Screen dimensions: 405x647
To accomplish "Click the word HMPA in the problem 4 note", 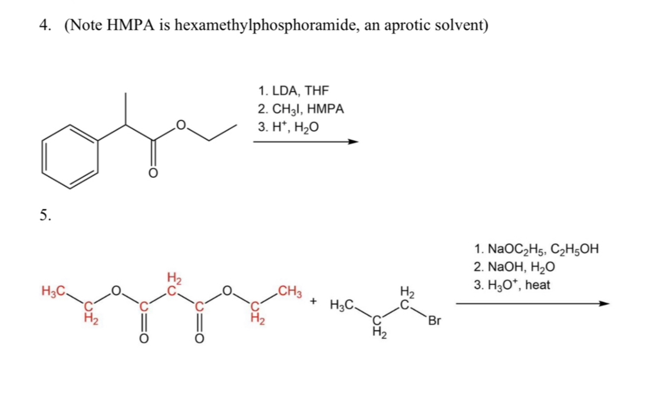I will tap(130, 26).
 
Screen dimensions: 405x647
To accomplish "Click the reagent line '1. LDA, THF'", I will tap(293, 91).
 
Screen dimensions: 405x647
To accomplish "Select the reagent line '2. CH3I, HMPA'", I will tap(301, 109).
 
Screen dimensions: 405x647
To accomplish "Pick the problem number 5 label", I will tap(45, 215).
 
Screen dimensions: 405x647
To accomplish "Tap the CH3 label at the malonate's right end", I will tap(290, 290).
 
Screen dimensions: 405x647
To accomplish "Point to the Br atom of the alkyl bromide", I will tap(435, 321).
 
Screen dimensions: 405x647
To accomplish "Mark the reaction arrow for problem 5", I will tap(530, 304).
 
